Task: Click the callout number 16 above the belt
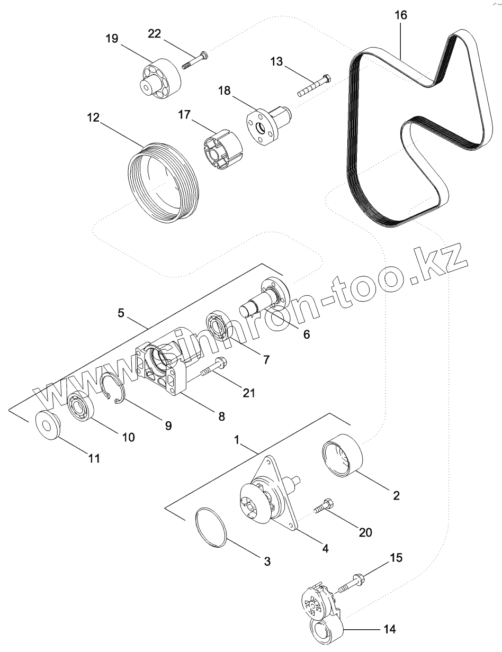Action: (x=401, y=15)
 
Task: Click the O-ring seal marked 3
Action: (x=211, y=526)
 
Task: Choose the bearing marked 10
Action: (x=82, y=408)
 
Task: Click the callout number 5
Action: (x=121, y=313)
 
